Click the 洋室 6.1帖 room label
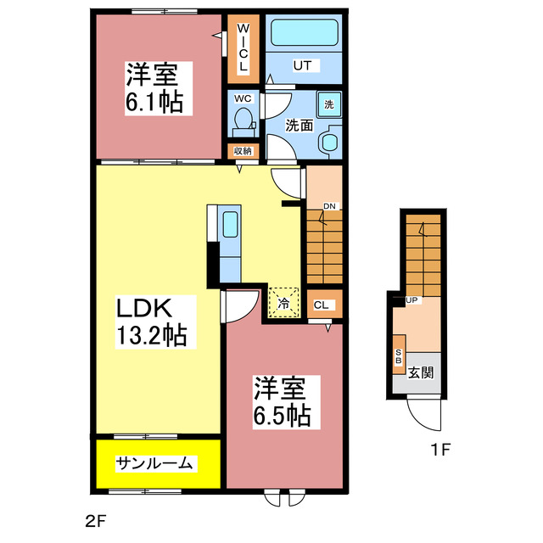pos(153,89)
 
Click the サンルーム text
pos(156,463)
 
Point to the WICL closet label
pos(242,49)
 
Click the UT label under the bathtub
pos(303,64)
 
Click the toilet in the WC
pos(244,119)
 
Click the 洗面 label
pos(299,125)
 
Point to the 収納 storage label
pos(244,151)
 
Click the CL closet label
pos(323,305)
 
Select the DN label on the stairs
pos(330,205)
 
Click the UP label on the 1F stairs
pos(413,299)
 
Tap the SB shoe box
pos(398,355)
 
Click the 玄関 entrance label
pos(422,372)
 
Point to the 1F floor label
pos(439,449)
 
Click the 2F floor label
pos(94,518)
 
